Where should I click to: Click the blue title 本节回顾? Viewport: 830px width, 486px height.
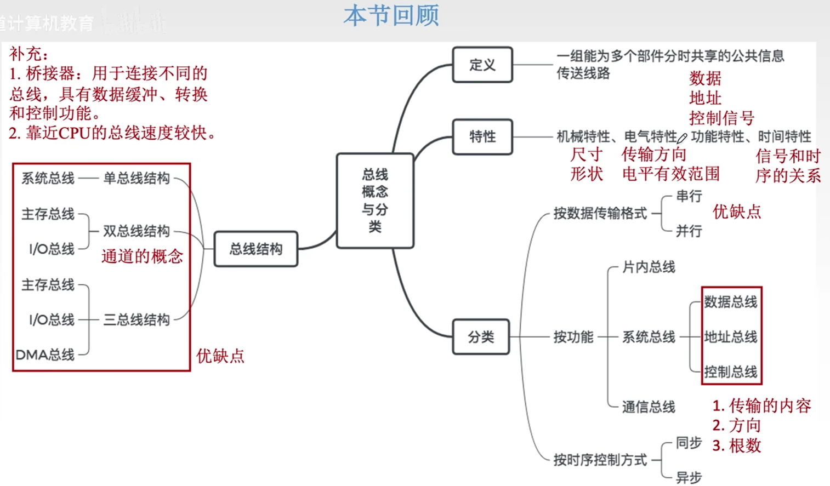pos(391,16)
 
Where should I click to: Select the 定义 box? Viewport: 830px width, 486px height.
pos(482,65)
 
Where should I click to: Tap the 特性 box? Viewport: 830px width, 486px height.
pos(482,136)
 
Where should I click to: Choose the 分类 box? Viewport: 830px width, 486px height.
pos(481,337)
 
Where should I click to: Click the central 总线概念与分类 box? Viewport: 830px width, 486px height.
pos(375,201)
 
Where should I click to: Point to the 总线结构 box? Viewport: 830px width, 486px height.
pos(255,249)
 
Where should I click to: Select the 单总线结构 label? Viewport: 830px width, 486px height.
pos(137,178)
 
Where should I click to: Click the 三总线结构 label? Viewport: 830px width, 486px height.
pos(137,319)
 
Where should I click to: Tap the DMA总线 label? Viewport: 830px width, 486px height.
pos(45,355)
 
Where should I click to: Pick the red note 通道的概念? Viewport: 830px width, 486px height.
pos(142,256)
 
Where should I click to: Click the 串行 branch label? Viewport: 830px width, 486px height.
pos(689,196)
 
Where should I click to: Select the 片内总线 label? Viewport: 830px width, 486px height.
pos(649,267)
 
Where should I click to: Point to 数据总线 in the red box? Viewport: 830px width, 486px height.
pos(731,302)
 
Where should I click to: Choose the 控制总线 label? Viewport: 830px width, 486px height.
pos(731,372)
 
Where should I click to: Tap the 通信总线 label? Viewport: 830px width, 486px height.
pos(649,407)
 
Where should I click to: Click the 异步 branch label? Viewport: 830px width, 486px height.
pos(689,477)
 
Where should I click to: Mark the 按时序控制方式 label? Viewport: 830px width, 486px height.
pos(600,460)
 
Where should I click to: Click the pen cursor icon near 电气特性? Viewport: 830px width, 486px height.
pos(683,138)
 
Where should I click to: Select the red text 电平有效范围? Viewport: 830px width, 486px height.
pos(670,174)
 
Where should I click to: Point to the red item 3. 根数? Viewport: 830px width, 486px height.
pos(737,446)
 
